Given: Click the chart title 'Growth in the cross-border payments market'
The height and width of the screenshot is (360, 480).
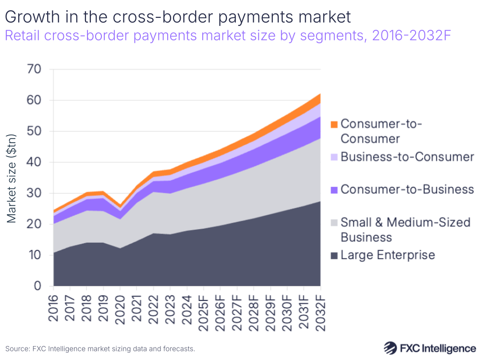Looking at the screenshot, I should [178, 18].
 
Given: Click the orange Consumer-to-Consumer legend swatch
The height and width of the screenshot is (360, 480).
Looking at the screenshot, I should [333, 124].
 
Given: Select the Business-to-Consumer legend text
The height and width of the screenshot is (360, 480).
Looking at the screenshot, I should [407, 157].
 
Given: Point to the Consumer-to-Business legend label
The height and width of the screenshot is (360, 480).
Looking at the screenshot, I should [407, 189].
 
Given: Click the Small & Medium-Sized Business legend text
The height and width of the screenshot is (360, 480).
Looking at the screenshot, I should [405, 230].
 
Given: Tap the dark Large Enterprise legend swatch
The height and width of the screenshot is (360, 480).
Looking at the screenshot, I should [333, 255].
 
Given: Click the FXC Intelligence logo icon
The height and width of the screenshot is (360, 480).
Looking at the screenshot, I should [391, 348].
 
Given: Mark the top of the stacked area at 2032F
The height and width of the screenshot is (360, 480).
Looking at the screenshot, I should [320, 94].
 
